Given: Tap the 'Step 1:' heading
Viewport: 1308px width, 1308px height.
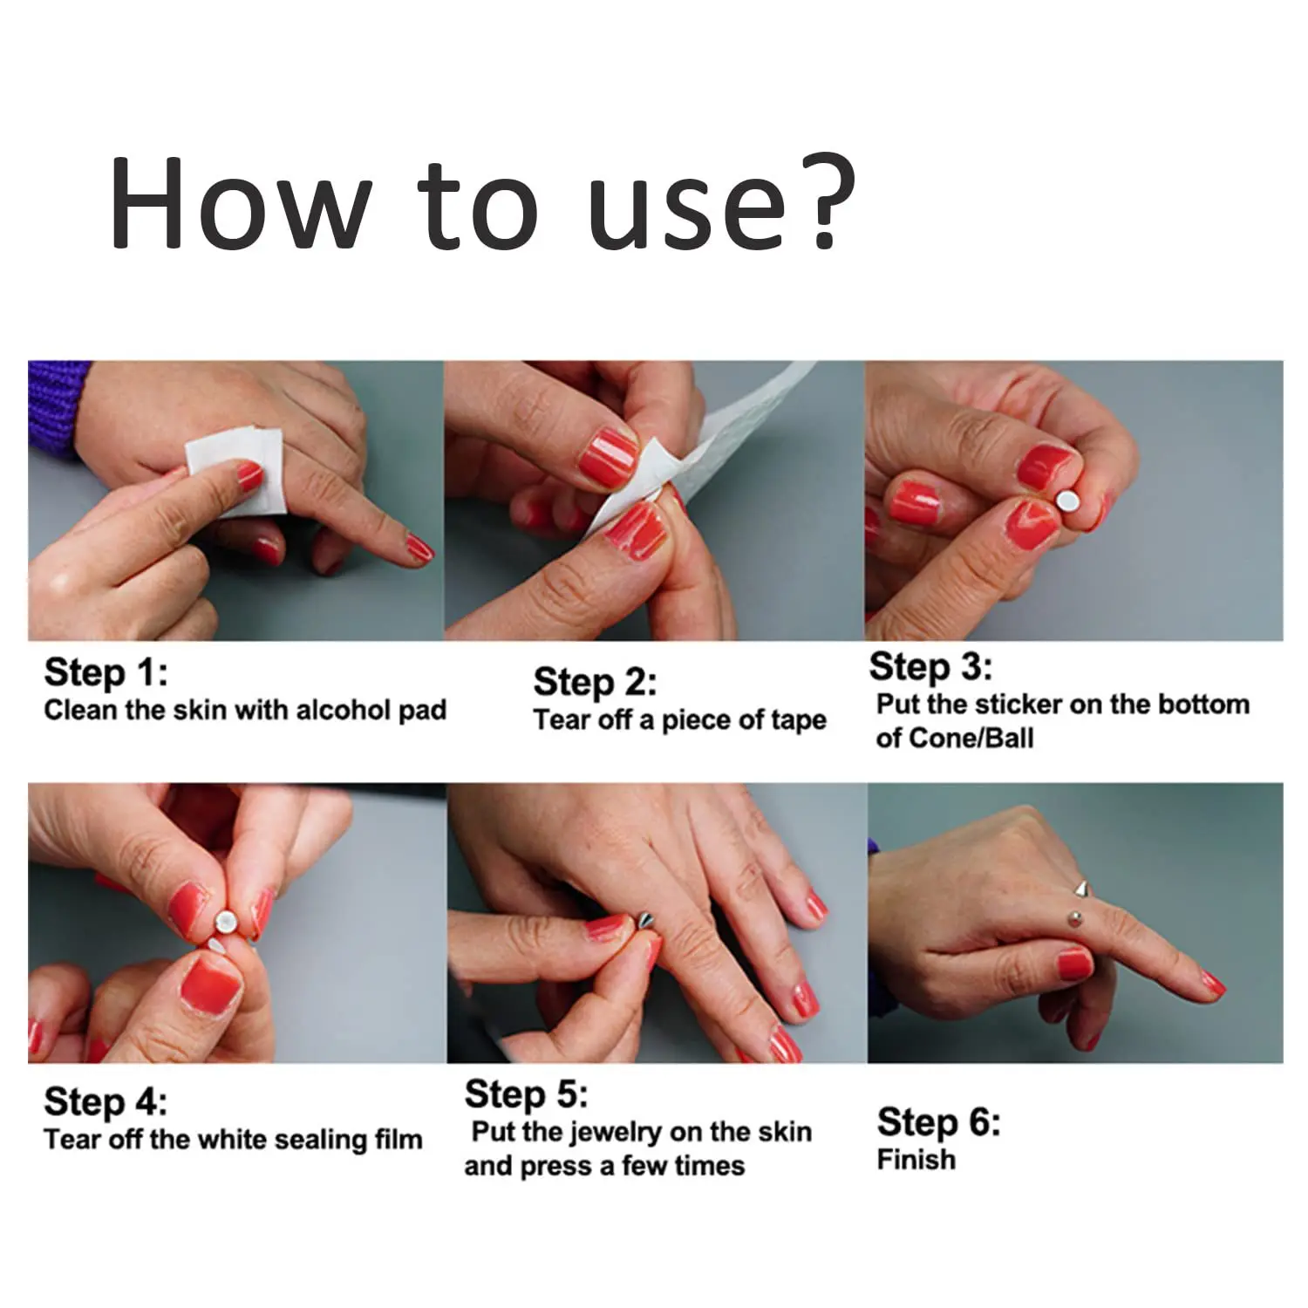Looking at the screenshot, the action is [x=106, y=673].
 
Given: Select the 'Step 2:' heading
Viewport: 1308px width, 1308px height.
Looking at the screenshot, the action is [x=595, y=682].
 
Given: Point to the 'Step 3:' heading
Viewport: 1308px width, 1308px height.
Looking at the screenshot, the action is [x=930, y=667].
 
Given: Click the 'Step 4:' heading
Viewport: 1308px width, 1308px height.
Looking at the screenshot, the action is [x=106, y=1101].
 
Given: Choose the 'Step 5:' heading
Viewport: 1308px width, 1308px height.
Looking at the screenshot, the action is [x=526, y=1093].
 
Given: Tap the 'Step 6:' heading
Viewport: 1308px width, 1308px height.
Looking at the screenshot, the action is [x=939, y=1121].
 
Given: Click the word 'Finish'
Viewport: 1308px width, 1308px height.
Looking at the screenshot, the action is [x=916, y=1160].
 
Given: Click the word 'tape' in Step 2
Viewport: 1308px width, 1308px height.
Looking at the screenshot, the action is [x=797, y=721].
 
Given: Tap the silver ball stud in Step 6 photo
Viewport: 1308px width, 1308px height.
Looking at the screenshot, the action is [x=1073, y=916].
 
